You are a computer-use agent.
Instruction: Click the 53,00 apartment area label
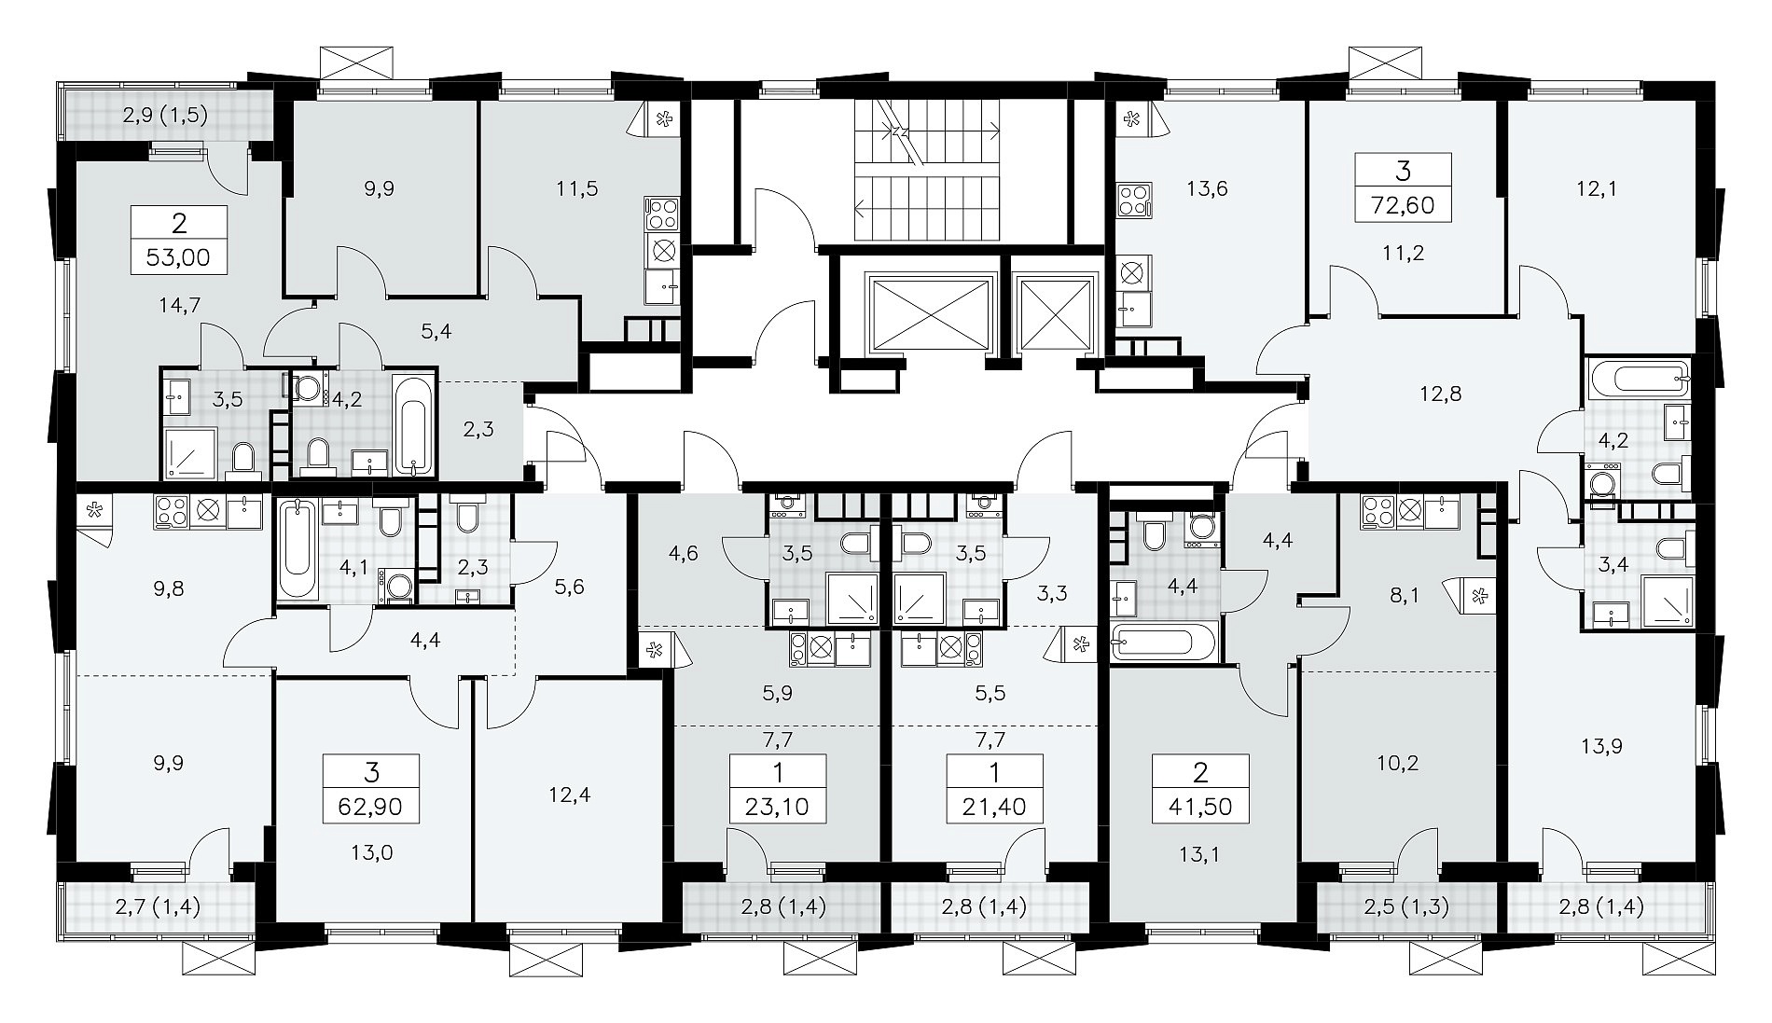180,257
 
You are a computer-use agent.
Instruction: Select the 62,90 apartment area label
371,806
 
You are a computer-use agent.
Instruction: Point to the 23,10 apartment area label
778,806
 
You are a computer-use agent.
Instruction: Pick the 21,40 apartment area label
994,806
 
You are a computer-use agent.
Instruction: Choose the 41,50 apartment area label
1200,806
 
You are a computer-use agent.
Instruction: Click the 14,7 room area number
181,304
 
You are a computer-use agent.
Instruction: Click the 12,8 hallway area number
1441,394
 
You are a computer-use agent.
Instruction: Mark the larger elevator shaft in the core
931,314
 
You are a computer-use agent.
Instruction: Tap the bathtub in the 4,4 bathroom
1163,643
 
